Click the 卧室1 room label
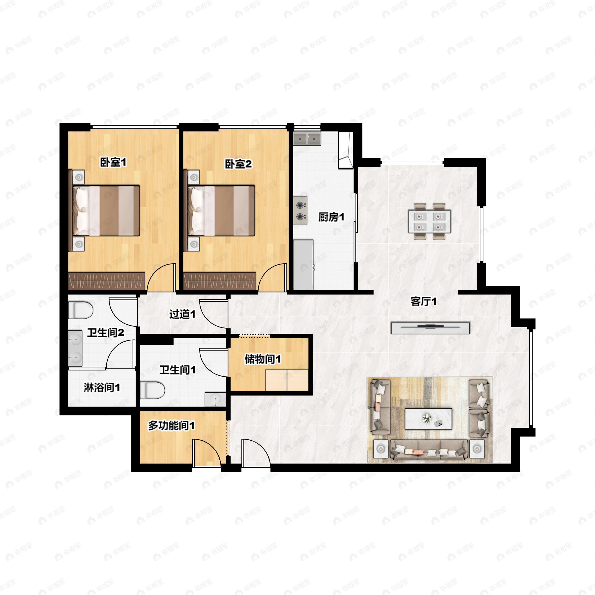point(113,162)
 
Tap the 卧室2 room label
point(238,164)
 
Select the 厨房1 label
point(331,217)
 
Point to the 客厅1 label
point(423,301)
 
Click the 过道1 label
point(182,314)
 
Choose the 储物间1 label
point(262,359)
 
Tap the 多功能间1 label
point(171,426)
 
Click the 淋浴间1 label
point(102,388)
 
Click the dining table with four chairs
point(430,221)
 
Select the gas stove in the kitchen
point(300,211)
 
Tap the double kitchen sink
point(307,139)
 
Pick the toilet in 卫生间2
point(80,310)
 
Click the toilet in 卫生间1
point(152,390)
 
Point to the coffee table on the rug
point(428,418)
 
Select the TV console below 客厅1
point(430,328)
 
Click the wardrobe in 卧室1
point(107,281)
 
